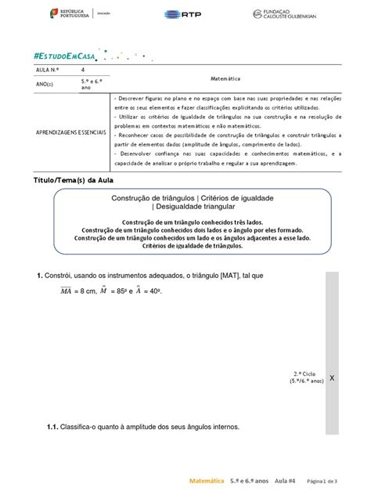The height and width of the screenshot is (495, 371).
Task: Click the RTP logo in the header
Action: [185, 13]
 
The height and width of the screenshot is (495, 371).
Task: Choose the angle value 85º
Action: [119, 291]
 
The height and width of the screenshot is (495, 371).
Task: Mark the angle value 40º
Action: [160, 291]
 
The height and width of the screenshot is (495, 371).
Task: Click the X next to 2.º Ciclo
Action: [332, 378]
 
